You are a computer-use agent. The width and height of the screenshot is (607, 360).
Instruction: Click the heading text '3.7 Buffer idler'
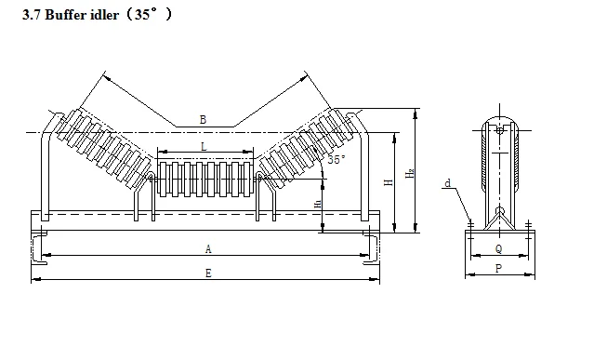tap(71, 15)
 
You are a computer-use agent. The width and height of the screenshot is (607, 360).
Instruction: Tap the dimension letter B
tap(203, 120)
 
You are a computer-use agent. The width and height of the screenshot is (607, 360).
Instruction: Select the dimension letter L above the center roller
tap(204, 146)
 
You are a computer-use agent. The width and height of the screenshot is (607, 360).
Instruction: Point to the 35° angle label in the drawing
tap(336, 159)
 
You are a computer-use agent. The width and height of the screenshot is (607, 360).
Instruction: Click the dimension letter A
tap(208, 248)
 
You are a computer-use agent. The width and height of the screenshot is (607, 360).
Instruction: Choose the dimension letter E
tap(208, 273)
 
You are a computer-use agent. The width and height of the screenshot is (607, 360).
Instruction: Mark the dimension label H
tap(389, 182)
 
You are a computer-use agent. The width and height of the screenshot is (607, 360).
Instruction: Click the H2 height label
tap(410, 173)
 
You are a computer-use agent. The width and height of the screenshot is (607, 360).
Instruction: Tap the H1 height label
tap(317, 204)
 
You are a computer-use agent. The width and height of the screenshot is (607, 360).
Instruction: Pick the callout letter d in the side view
tap(448, 183)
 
